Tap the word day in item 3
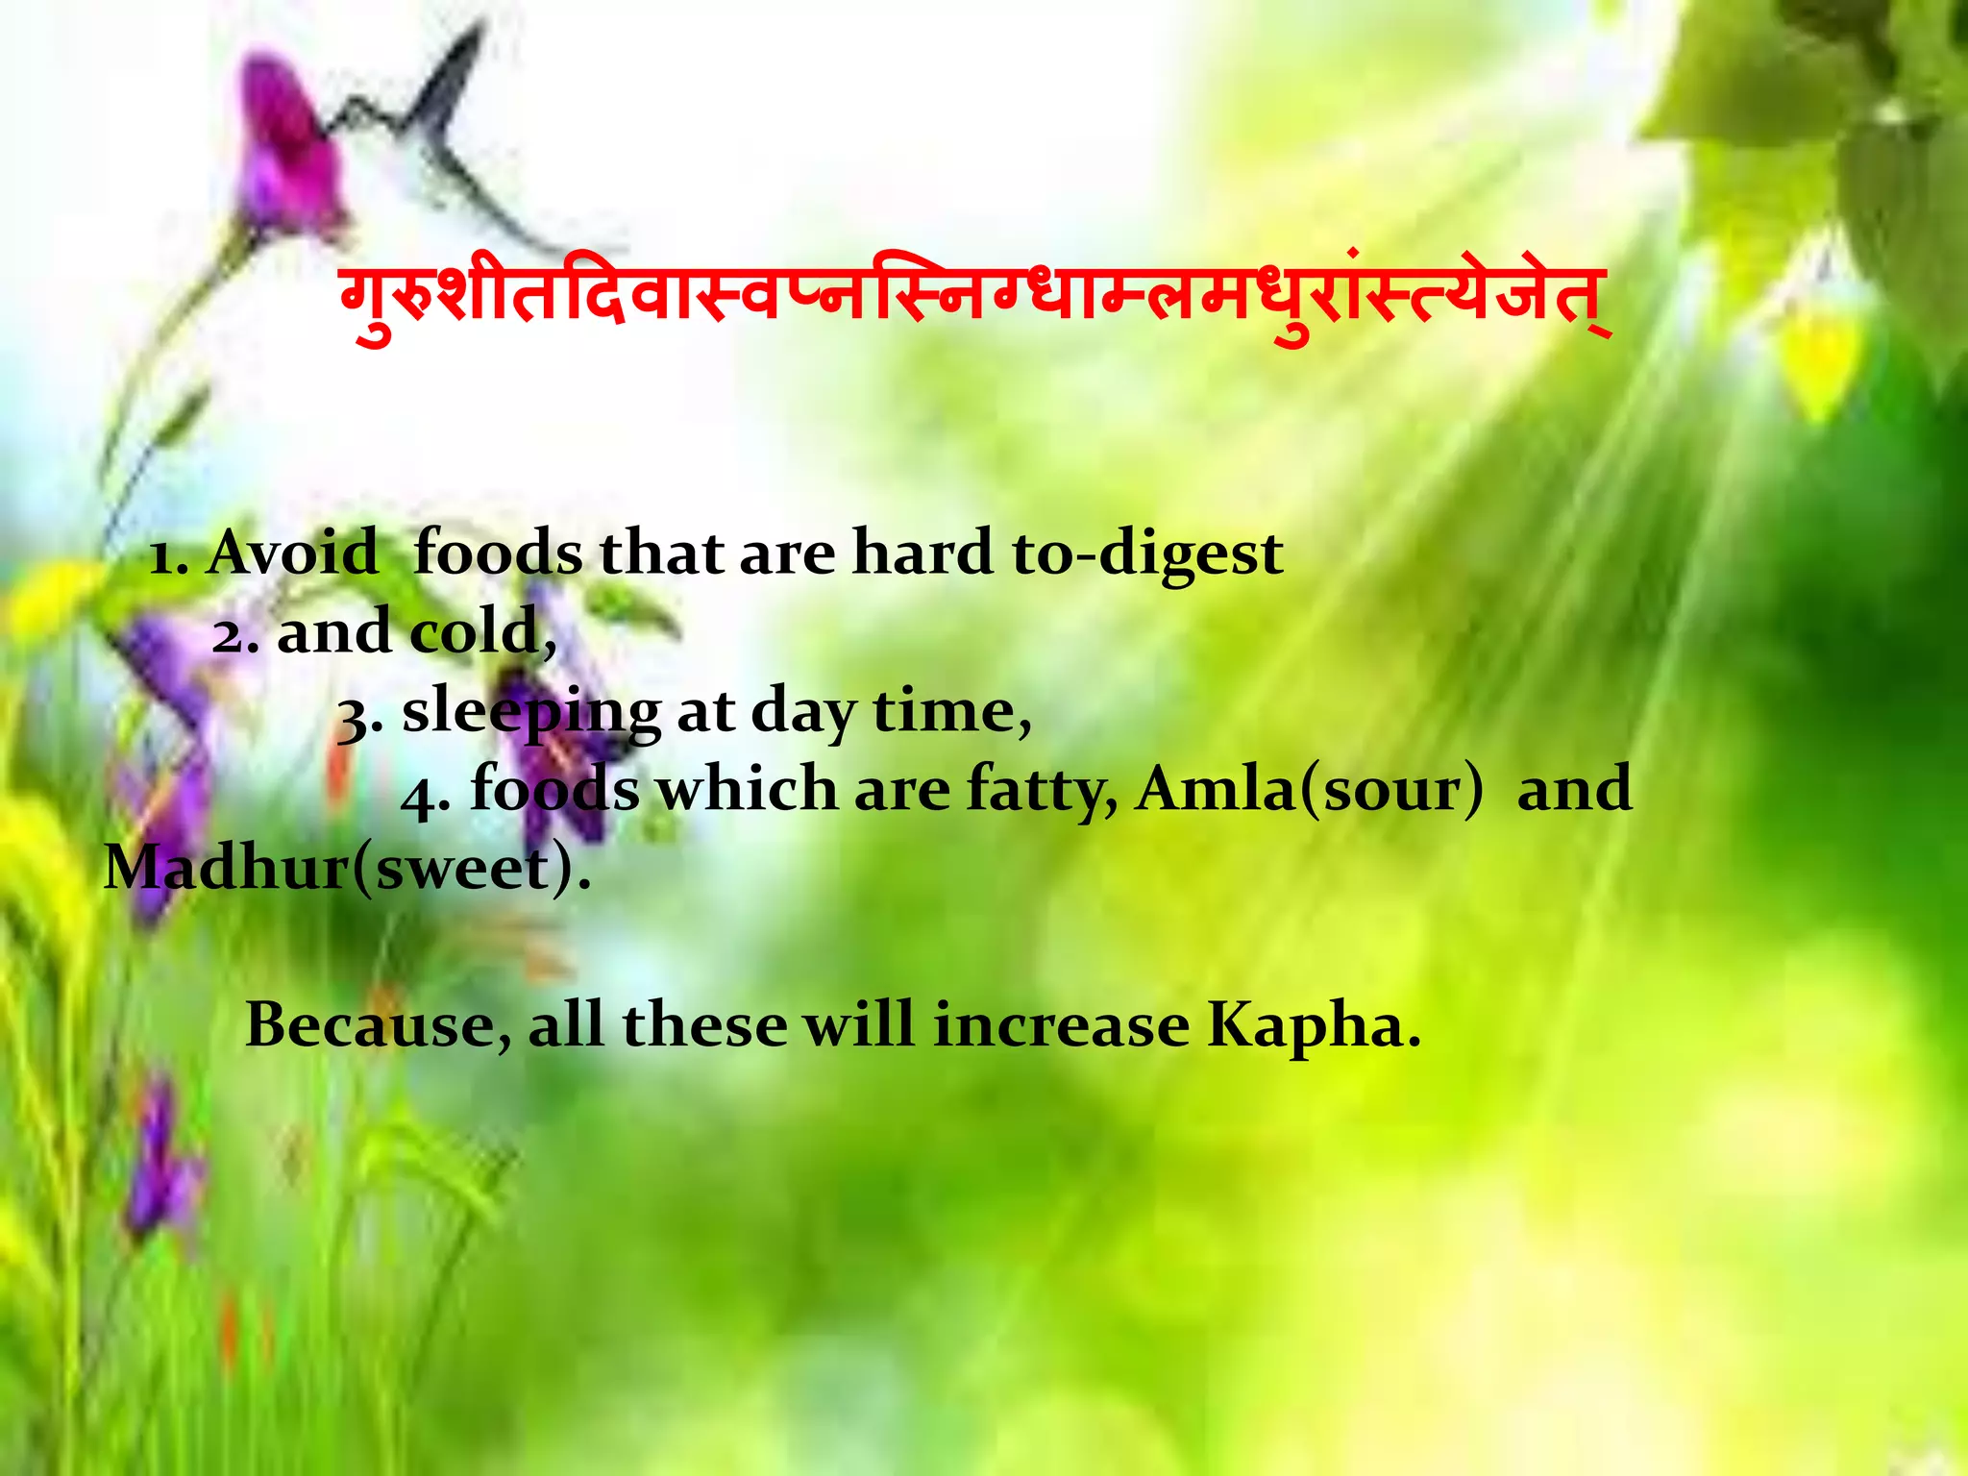(x=803, y=713)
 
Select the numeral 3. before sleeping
(x=359, y=717)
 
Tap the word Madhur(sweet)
(x=346, y=868)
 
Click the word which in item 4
(x=747, y=790)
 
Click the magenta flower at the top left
(x=288, y=154)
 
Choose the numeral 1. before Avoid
(x=168, y=557)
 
